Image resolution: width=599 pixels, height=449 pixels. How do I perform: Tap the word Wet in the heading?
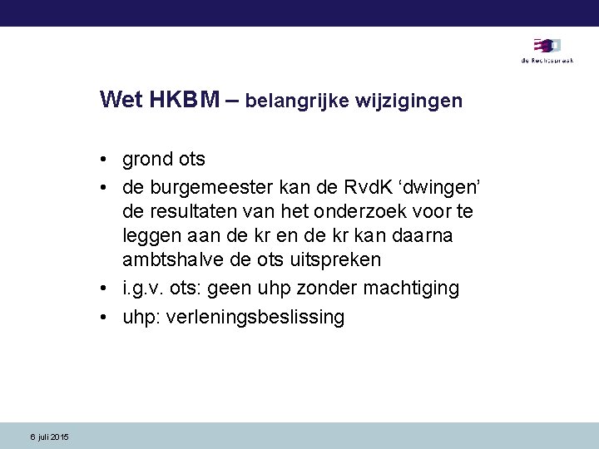tap(121, 101)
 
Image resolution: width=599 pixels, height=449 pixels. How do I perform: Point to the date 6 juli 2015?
tap(49, 437)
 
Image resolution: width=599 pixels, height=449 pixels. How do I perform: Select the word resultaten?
tap(196, 210)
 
